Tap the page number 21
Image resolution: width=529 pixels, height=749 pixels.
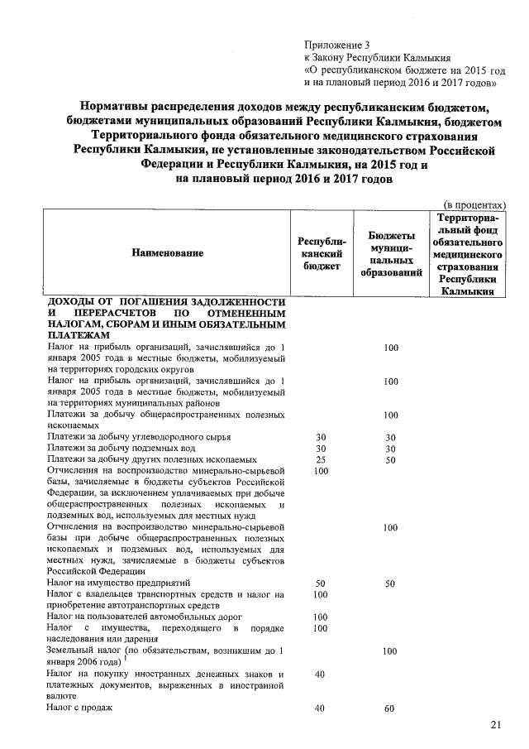point(496,725)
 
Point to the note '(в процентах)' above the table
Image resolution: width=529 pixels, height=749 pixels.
point(475,203)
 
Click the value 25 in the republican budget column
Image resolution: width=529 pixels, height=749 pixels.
point(321,459)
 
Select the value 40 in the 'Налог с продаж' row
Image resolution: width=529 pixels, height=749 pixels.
point(321,708)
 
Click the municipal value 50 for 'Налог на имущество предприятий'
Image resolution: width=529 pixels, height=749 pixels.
point(392,583)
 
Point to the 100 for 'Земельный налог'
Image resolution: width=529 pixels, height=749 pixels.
point(392,652)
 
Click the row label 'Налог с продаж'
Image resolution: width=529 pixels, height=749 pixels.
point(79,708)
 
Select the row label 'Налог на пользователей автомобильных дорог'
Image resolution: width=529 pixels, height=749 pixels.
point(145,617)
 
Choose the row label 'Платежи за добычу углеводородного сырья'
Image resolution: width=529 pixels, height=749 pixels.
point(139,436)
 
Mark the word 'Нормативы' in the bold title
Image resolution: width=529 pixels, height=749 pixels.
point(119,107)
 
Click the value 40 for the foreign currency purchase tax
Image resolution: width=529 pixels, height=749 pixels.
point(321,675)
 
